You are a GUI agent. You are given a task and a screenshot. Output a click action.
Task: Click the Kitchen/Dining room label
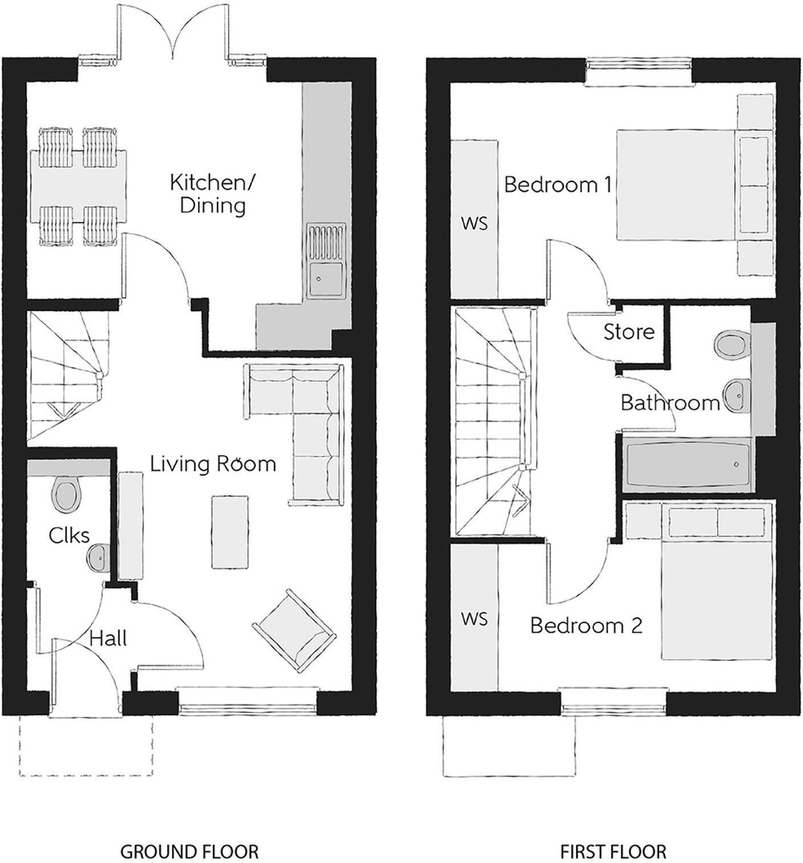[x=213, y=194]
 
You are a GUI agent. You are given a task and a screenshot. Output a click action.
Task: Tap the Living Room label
[x=213, y=464]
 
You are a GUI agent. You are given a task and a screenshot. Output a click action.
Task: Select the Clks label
[x=69, y=535]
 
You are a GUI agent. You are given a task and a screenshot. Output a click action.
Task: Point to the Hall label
[x=108, y=638]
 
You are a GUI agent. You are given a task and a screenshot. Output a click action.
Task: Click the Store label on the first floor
[x=629, y=332]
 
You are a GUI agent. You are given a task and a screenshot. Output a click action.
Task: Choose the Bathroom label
[x=670, y=403]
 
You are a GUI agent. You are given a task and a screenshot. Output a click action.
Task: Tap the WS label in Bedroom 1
[x=474, y=223]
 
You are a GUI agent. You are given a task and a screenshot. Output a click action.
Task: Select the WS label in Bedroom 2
[x=474, y=619]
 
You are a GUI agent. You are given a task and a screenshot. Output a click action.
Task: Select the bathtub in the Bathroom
[x=687, y=465]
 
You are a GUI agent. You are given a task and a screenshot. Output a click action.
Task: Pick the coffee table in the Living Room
[x=230, y=532]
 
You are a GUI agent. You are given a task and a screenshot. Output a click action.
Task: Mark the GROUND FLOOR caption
[x=189, y=850]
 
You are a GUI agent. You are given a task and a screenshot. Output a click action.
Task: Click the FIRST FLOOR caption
[x=613, y=850]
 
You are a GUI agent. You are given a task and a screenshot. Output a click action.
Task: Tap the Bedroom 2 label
[x=586, y=626]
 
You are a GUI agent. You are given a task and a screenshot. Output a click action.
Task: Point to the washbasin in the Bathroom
[x=737, y=394]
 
